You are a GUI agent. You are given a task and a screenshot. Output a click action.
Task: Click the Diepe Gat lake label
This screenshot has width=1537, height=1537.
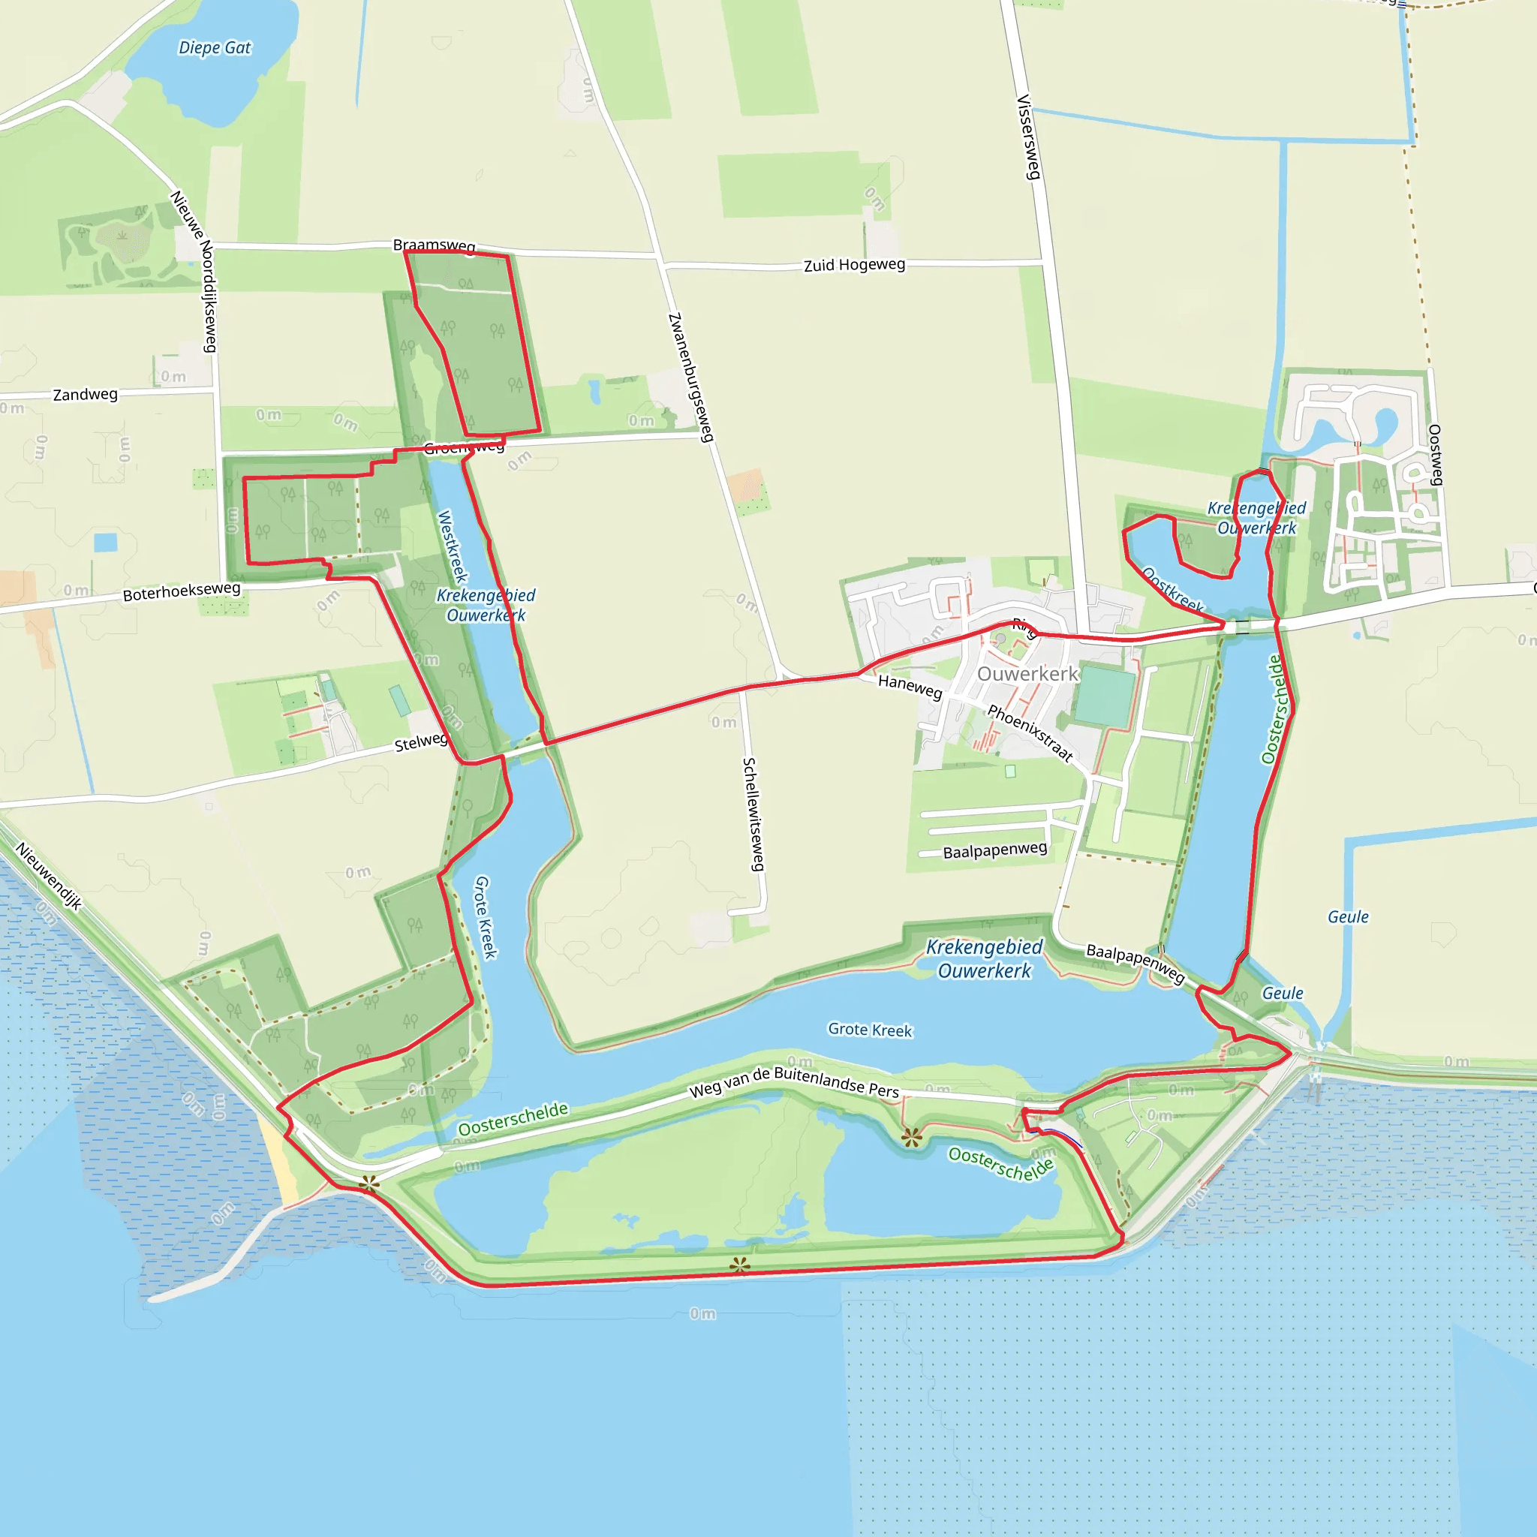pos(214,48)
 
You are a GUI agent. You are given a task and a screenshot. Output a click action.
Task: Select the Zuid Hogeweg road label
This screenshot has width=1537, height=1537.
pos(853,265)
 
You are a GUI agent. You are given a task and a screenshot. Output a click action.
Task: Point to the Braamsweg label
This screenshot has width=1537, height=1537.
pos(434,245)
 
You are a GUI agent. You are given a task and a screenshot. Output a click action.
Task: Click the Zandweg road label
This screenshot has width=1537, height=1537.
pos(85,395)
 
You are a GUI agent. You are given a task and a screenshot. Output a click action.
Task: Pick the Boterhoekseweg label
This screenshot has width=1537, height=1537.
pos(182,591)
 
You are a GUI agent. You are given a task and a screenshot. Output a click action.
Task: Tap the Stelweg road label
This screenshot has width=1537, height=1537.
pos(421,743)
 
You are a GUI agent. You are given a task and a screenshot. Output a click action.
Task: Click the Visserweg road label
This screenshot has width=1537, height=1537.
pos(1029,137)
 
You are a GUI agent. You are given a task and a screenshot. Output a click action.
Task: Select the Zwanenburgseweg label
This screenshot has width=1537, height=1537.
pos(690,377)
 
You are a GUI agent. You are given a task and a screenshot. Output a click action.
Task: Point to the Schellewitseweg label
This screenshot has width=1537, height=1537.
pos(753,814)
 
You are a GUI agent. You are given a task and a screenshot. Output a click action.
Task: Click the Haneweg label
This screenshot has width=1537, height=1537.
pos(910,686)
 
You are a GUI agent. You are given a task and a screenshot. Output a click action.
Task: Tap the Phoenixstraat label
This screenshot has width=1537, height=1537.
pos(1030,732)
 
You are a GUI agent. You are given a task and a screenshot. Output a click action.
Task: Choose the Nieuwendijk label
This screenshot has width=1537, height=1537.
pos(50,876)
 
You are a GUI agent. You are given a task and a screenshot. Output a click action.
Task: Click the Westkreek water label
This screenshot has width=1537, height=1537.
pos(452,546)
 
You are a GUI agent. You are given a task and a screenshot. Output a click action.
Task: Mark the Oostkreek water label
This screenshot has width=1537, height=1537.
pos(1173,588)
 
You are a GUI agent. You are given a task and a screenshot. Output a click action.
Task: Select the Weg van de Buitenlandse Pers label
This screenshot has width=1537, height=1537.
pos(793,1081)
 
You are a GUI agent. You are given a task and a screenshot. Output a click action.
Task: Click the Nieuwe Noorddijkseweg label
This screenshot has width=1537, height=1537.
pos(194,270)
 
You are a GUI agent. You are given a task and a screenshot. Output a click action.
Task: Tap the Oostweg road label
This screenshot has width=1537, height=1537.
pos(1434,454)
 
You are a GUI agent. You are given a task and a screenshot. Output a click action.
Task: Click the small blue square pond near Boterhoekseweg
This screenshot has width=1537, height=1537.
pos(105,543)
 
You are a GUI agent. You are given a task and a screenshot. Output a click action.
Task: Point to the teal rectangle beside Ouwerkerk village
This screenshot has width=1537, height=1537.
pos(1104,696)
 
